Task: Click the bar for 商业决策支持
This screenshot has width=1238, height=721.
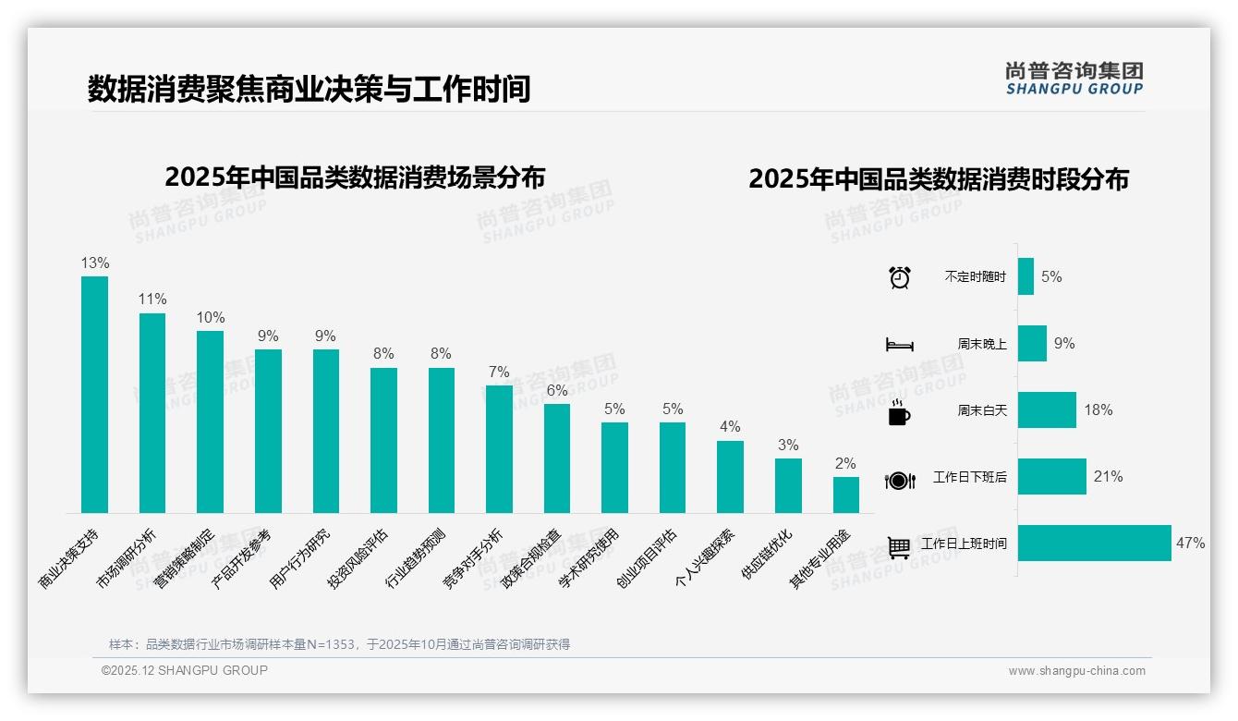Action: [94, 395]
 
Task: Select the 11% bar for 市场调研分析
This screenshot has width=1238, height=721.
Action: [152, 413]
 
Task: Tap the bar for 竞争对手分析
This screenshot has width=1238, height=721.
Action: [499, 449]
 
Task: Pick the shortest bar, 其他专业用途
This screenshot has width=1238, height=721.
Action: [845, 495]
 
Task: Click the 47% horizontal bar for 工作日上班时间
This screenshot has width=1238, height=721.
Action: [1094, 544]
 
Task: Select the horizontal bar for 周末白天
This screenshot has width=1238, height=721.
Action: [1047, 409]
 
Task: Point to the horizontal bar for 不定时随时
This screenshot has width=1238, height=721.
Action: [1026, 276]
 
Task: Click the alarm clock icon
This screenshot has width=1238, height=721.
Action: [899, 277]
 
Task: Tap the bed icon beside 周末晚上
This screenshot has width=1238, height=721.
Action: [899, 344]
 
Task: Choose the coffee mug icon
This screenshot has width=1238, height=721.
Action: [899, 411]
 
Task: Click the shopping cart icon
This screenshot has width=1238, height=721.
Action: [899, 546]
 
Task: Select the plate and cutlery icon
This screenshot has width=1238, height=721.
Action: [899, 480]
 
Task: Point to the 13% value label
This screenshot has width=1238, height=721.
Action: [94, 263]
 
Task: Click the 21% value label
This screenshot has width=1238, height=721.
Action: [1108, 477]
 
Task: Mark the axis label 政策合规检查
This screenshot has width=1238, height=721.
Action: [532, 556]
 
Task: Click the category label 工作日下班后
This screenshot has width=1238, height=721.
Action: [969, 477]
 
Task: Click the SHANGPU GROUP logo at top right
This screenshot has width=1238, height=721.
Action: [1074, 78]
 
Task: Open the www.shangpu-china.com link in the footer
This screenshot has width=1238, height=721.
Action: [1076, 671]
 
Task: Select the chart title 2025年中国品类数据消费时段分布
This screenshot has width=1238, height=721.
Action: [939, 178]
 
